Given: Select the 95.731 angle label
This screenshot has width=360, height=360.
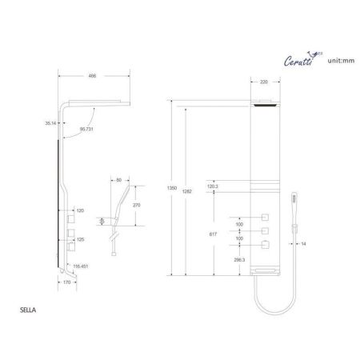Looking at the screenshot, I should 84,129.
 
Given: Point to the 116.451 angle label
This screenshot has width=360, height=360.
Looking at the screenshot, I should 82,267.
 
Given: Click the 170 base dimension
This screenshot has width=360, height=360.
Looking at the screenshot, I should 67,281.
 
